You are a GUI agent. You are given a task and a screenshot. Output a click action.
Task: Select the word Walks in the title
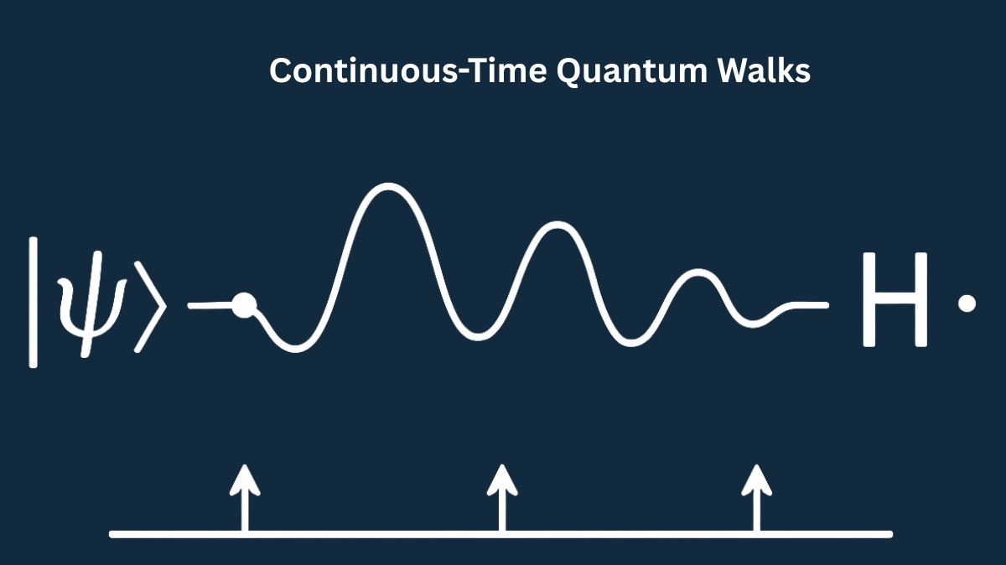pos(762,71)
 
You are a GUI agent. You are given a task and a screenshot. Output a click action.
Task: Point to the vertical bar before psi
pos(34,302)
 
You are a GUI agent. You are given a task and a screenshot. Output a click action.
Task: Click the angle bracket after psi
pos(150,304)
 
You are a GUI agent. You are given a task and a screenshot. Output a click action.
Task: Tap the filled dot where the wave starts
pos(243,305)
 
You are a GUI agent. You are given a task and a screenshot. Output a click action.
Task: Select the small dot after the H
pos(967,303)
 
